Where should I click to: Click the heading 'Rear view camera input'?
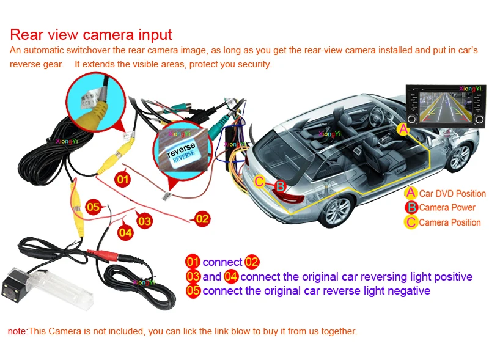tap(91, 35)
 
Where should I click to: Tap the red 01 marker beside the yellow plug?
tap(122, 179)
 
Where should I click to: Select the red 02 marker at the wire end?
tap(202, 218)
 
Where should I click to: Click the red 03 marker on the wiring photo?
tap(144, 221)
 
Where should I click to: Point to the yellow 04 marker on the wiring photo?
tap(125, 232)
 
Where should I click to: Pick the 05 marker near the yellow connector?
tap(93, 207)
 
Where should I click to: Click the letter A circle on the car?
tap(403, 129)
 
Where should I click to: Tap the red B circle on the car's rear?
tap(279, 186)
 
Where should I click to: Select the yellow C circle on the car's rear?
tap(260, 181)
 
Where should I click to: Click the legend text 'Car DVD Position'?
tap(452, 194)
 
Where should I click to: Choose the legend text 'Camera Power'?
tap(447, 208)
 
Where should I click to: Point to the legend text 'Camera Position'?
tap(450, 222)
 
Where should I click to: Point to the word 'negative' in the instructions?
tap(407, 291)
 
